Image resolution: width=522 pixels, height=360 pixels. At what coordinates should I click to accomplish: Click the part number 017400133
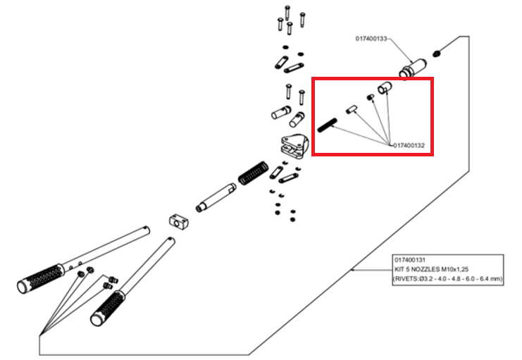click(371, 39)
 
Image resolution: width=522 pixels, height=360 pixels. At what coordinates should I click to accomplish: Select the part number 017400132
click(411, 145)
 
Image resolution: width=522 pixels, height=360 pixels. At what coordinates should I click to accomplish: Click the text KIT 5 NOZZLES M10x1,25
click(432, 269)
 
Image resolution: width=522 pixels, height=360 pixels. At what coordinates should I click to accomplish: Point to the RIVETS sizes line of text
click(448, 279)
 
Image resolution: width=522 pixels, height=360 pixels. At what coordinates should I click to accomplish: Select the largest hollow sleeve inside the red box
click(384, 88)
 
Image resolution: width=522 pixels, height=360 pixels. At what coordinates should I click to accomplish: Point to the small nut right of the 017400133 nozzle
click(438, 52)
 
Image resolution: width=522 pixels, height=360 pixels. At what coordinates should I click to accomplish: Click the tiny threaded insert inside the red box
click(369, 97)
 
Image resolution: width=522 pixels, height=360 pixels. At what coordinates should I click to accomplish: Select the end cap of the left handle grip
click(23, 285)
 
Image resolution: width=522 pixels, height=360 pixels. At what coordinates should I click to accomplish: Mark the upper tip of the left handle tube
click(145, 228)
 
